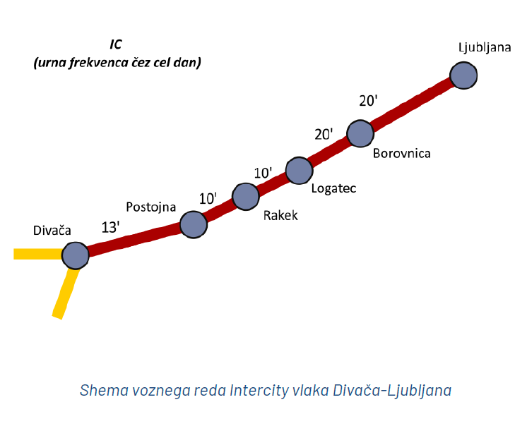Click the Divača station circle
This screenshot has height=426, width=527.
[75, 255]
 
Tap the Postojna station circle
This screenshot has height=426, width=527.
[193, 224]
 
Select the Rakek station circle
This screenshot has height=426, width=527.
[245, 197]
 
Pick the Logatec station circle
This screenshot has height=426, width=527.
[299, 170]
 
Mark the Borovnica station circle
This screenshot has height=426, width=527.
[360, 133]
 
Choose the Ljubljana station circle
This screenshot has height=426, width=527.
[463, 75]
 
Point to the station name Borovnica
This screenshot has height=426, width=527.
[401, 152]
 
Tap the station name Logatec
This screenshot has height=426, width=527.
[333, 188]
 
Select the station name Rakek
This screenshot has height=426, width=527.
[280, 216]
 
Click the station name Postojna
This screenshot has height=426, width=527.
[150, 207]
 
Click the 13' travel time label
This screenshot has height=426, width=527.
[111, 227]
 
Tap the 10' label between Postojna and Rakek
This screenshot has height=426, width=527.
[208, 199]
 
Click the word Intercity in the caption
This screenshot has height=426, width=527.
[259, 390]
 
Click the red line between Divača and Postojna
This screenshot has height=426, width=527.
[134, 239]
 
